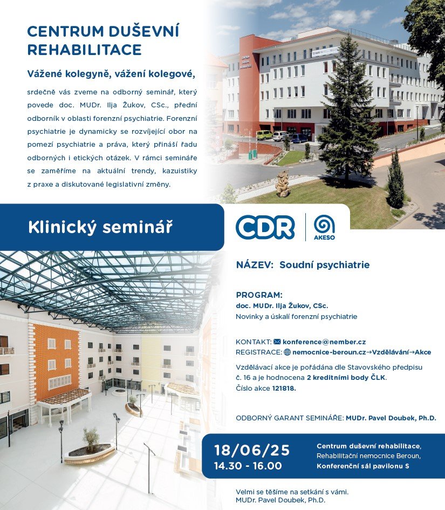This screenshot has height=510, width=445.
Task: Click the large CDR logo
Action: coord(265,227)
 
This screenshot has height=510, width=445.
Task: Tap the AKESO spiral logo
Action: coord(324,225)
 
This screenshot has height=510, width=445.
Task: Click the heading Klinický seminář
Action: coord(100,227)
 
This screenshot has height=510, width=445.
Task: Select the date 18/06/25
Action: coord(252,451)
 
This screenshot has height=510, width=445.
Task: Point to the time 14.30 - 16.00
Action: coord(248,466)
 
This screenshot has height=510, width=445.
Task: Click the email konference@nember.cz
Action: coord(324,342)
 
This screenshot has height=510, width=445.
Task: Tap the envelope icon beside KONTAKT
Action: coord(277,342)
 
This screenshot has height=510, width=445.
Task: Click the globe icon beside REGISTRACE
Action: coord(287,352)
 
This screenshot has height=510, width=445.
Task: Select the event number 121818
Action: coord(284,388)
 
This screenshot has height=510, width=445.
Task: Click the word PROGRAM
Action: coord(259,295)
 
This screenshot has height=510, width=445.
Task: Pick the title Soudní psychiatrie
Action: coord(324,265)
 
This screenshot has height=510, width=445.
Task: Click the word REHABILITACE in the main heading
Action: coord(85,50)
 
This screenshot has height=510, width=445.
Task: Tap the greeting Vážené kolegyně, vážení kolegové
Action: coord(111,74)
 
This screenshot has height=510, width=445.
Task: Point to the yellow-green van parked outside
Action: coord(264,135)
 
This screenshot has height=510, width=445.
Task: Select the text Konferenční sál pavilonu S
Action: coord(363,466)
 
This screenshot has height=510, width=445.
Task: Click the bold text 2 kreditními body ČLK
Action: coord(346,378)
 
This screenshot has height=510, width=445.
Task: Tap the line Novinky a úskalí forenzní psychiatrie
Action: coord(297,316)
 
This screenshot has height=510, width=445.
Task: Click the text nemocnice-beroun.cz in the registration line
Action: coord(329,352)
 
